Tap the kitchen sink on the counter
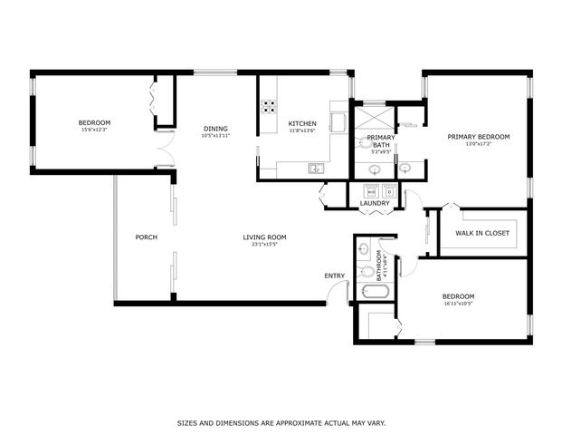coord(316,168)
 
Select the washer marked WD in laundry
coord(371,191)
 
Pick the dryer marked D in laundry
coord(389,191)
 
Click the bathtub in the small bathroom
coord(374,293)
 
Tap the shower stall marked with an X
coord(370,118)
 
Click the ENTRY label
coord(334,275)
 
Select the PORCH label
coord(146,237)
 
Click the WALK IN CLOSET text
coord(481,233)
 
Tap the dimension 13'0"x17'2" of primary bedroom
coord(479,144)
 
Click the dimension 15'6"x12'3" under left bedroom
coord(94,130)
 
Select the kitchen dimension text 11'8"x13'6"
coord(301,130)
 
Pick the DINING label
coord(215,128)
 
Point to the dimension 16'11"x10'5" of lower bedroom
coord(457,304)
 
